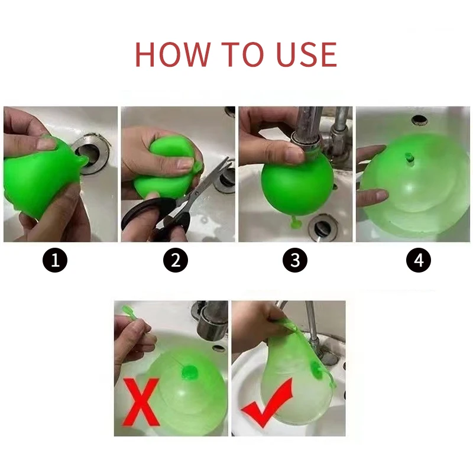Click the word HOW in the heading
[173, 54]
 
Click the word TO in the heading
[242, 54]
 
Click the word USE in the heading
[306, 54]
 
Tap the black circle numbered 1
[55, 260]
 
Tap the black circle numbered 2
[176, 260]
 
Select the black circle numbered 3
[295, 260]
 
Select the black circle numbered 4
[419, 260]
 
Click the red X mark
[141, 401]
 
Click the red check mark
[267, 403]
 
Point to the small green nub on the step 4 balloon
[409, 158]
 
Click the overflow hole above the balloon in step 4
[420, 120]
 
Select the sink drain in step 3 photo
[322, 226]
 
